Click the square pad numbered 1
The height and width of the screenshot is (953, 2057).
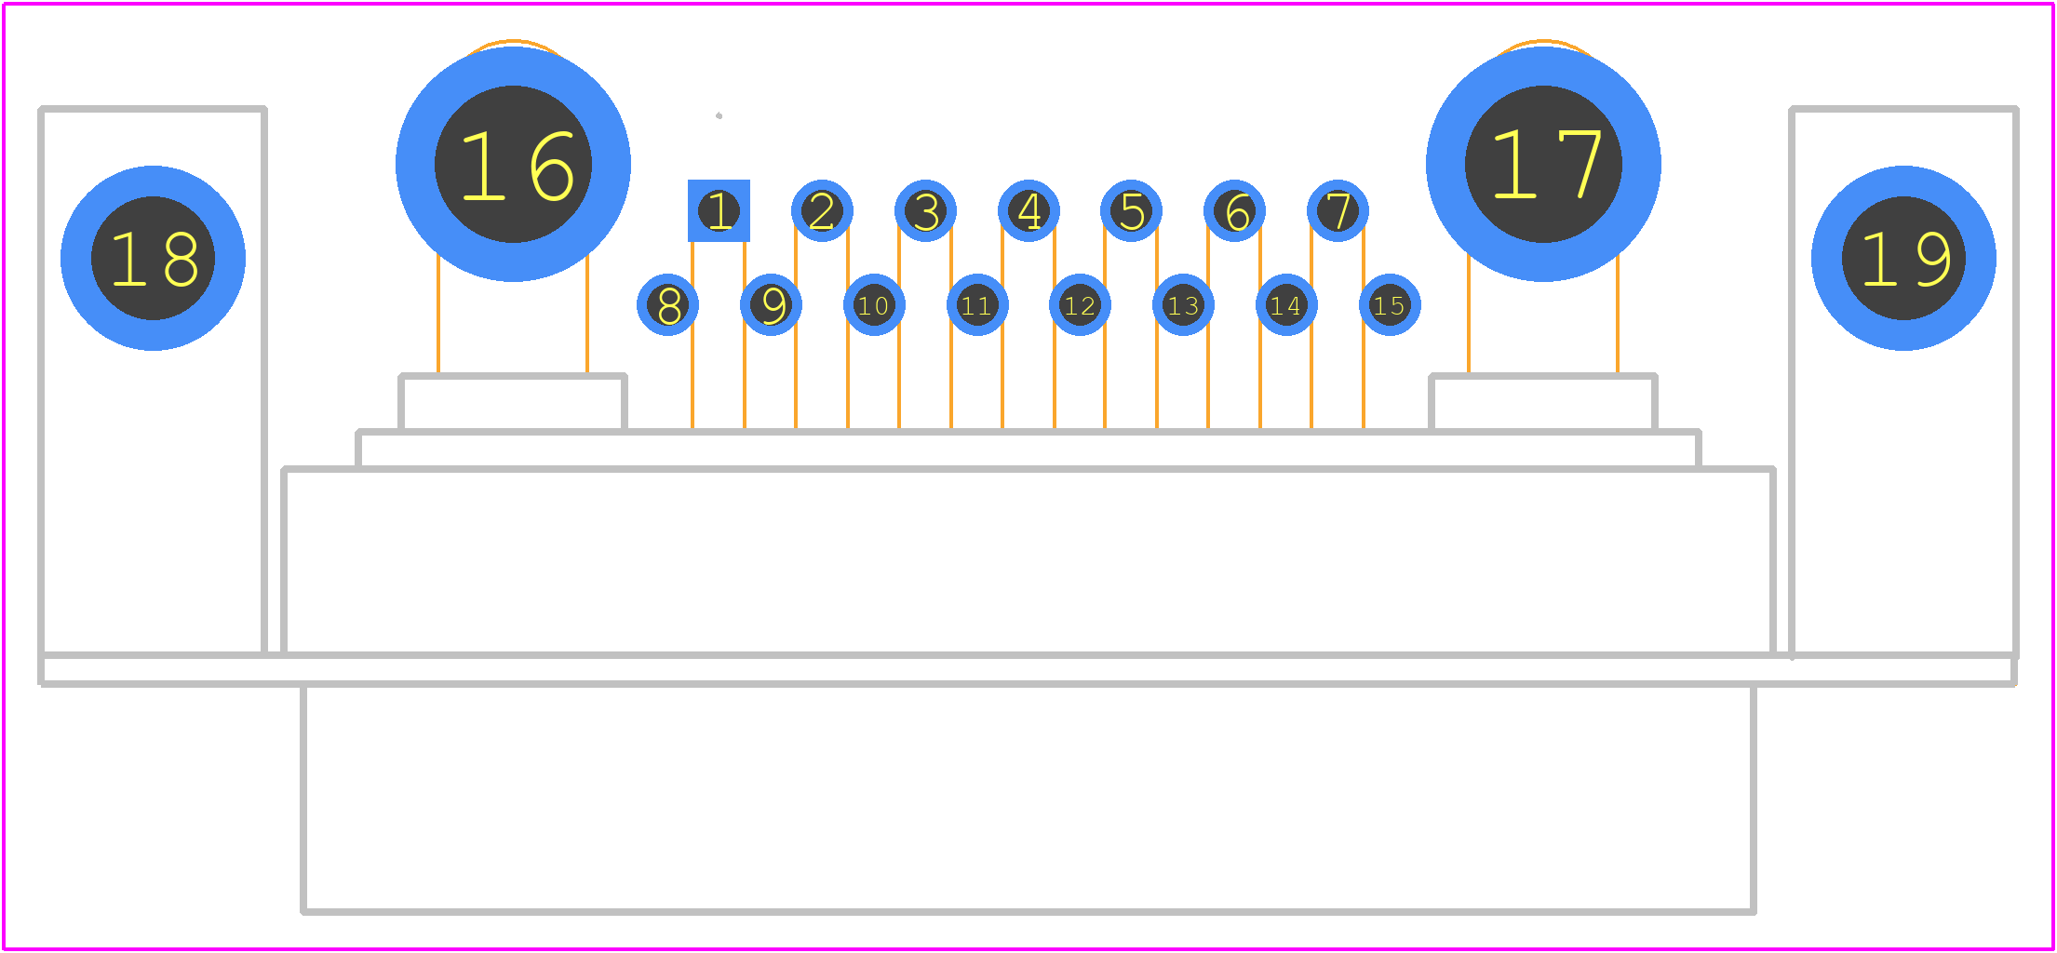[x=719, y=210]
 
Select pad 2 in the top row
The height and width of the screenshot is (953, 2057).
[x=822, y=210]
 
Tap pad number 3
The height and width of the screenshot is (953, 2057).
[x=925, y=210]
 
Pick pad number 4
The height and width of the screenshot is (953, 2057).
[x=1028, y=210]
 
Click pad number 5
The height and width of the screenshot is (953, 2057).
[x=1131, y=210]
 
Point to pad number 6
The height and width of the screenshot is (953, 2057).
[x=1234, y=210]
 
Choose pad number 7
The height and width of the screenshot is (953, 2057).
[x=1338, y=210]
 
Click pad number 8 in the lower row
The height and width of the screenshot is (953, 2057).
[x=667, y=304]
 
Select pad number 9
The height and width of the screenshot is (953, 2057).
[x=771, y=304]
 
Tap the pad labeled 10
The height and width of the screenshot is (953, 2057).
[x=874, y=304]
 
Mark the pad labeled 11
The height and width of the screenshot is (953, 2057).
[x=977, y=304]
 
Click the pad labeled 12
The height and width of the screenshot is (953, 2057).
[x=1080, y=304]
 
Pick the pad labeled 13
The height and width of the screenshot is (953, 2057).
[x=1183, y=304]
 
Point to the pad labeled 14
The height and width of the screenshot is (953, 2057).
[x=1286, y=304]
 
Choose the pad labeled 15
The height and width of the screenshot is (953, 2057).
[x=1390, y=304]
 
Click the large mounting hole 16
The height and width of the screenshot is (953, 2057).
[x=513, y=164]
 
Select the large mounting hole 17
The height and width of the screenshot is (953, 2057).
[x=1543, y=164]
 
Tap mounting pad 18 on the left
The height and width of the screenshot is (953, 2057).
[x=153, y=258]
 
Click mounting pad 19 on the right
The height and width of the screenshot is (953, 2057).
[x=1903, y=258]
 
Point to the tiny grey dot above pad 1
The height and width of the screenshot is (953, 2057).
[x=719, y=115]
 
